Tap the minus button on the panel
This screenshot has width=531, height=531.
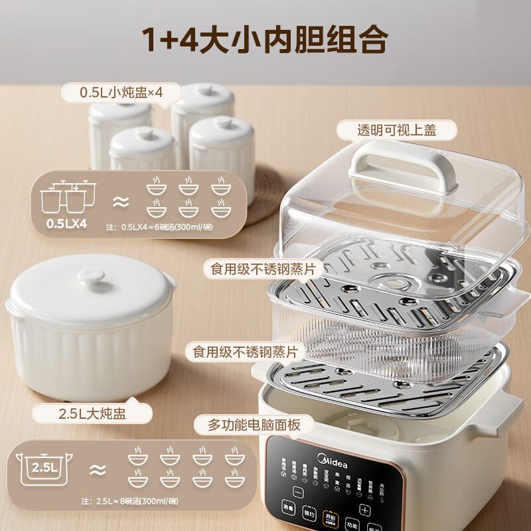click(x=298, y=492)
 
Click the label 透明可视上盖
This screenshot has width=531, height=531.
click(x=396, y=129)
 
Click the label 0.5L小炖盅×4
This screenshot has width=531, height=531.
click(x=121, y=92)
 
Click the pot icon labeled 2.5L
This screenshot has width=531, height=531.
click(x=43, y=469)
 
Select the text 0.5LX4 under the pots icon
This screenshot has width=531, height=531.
click(x=66, y=223)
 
